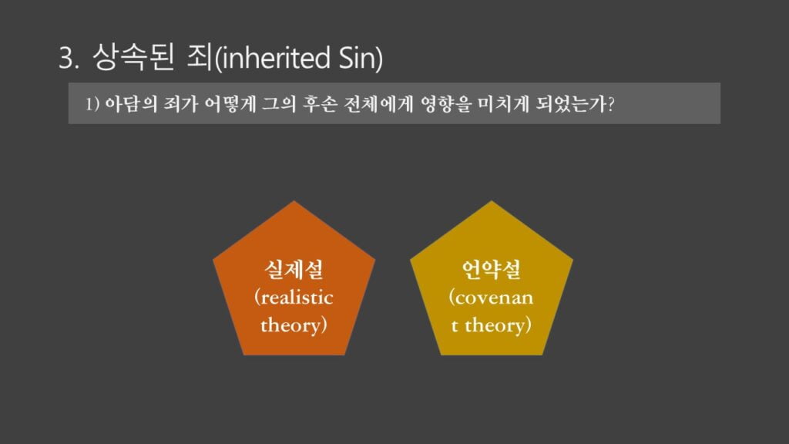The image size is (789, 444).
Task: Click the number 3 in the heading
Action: tap(66, 58)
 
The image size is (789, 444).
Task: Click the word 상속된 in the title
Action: tap(133, 56)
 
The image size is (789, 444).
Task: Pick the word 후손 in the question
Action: tap(319, 104)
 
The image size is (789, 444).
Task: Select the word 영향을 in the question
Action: tap(446, 104)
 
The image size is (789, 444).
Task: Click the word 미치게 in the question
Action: tap(503, 104)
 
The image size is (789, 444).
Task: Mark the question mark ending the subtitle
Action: tap(611, 104)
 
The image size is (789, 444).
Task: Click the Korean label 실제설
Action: tap(294, 269)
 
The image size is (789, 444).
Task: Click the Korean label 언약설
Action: tap(491, 269)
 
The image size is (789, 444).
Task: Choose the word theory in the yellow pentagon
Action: tap(495, 325)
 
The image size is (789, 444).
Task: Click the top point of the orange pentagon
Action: tap(294, 201)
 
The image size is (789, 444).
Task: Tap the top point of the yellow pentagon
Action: tap(492, 201)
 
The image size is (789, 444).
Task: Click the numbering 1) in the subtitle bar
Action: tap(92, 104)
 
